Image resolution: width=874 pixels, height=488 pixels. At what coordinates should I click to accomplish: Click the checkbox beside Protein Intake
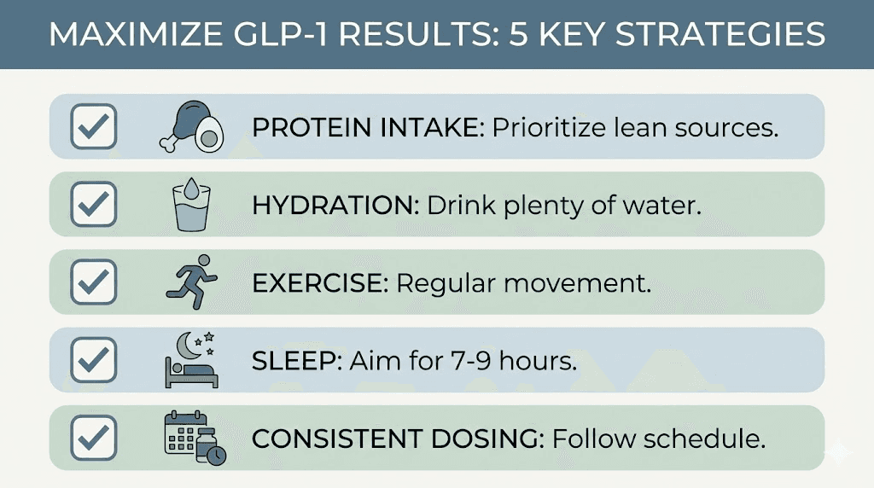click(x=93, y=126)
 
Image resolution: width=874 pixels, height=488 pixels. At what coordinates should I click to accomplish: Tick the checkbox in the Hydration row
click(x=93, y=204)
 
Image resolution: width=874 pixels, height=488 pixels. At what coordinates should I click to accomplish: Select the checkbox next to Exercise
click(x=93, y=282)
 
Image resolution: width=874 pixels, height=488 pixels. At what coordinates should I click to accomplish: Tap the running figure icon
click(x=191, y=282)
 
